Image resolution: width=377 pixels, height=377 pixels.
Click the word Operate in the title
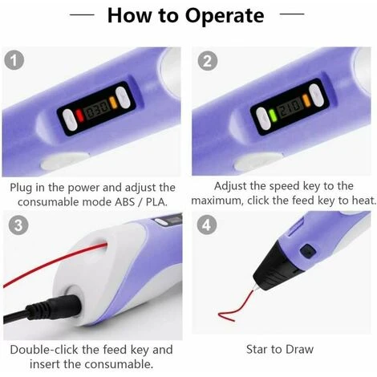click(225, 16)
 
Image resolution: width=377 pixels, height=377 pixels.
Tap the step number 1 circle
click(14, 60)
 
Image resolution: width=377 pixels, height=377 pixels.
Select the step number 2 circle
click(208, 61)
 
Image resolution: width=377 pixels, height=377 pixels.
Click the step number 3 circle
click(18, 225)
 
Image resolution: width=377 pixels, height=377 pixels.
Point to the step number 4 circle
click(207, 225)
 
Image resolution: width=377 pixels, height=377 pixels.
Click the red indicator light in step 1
click(79, 116)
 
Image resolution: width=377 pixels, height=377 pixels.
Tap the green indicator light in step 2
click(273, 116)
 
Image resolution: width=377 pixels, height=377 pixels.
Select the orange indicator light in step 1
click(113, 102)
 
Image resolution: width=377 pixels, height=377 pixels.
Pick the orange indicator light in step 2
click(306, 100)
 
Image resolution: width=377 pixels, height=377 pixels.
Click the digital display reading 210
click(290, 107)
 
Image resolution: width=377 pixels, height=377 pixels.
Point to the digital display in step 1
click(96, 109)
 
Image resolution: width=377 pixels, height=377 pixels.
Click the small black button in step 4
click(308, 251)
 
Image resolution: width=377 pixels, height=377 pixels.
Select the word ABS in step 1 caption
click(125, 202)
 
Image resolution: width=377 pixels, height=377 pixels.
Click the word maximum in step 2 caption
click(217, 201)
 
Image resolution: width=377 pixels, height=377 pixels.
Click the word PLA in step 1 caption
click(156, 202)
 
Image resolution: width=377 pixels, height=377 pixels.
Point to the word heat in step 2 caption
click(364, 201)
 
